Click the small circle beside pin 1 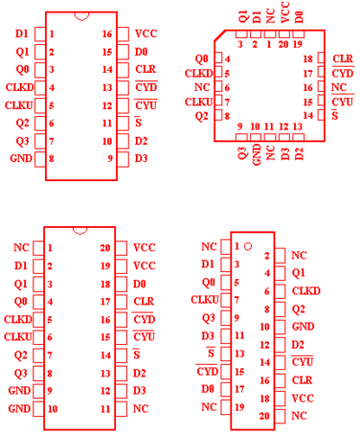247,247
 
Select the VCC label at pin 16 146,33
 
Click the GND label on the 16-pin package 21,159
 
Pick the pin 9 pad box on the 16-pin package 123,159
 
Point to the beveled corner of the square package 220,35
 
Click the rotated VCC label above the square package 284,12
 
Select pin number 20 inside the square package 283,44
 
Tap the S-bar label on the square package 335,115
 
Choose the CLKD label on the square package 199,73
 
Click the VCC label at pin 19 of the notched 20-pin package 144,266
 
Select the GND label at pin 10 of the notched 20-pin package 20,409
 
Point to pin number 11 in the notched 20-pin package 105,409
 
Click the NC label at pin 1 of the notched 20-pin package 22,248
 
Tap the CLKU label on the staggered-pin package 205,300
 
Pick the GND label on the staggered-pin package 303,326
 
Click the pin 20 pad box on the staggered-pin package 280,416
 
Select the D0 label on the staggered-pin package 208,389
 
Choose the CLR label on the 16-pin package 146,69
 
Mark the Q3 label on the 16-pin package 22,140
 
